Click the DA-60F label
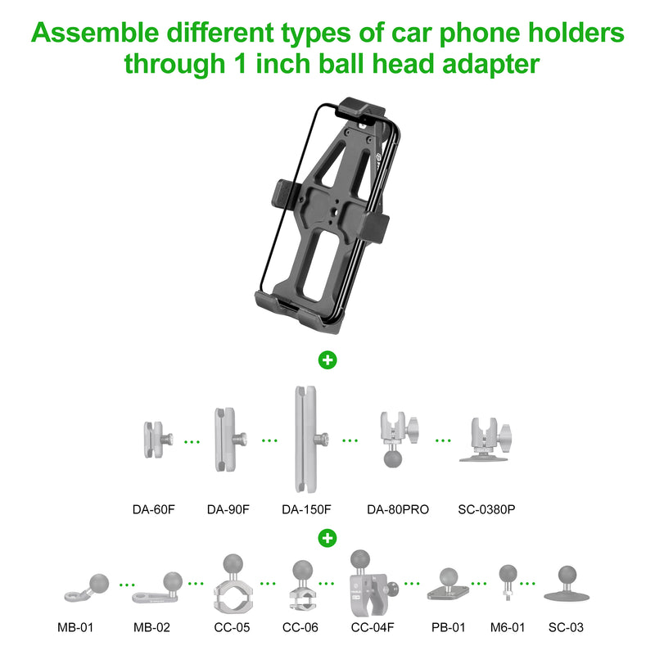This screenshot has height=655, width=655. [154, 509]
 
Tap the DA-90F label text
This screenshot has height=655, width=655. [228, 509]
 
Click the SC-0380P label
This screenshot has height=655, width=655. [486, 509]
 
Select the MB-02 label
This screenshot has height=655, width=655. [153, 628]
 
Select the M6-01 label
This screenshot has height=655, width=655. [508, 628]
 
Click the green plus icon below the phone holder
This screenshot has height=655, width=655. [327, 360]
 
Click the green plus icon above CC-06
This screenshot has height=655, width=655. [327, 537]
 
